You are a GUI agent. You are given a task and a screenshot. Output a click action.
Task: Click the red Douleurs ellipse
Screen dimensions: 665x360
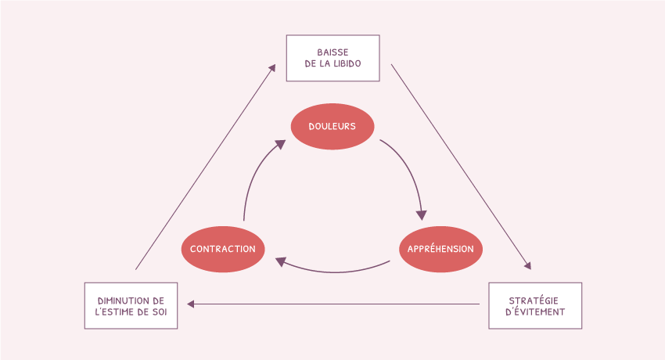coord(332,126)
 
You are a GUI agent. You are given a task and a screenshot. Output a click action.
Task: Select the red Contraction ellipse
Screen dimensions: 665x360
coord(223,249)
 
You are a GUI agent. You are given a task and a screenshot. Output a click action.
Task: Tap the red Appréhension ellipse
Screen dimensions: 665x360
coord(440,249)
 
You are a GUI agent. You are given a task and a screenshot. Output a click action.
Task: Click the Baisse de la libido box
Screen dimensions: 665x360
coord(333,58)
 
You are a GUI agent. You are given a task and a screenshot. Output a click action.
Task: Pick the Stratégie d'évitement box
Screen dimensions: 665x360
coord(535,306)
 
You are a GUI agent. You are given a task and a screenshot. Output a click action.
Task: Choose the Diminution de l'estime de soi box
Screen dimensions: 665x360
coord(131,306)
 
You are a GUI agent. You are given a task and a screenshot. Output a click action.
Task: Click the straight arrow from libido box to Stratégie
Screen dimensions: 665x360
coord(461,167)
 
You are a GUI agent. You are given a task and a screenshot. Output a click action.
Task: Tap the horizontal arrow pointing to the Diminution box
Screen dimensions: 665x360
coord(333,304)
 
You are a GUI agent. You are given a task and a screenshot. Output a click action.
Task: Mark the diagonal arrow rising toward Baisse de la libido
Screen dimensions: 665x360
coord(206,167)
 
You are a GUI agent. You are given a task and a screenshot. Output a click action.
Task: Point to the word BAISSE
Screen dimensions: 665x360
coord(333,52)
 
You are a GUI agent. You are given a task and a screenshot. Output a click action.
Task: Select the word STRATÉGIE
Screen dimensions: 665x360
coord(534,301)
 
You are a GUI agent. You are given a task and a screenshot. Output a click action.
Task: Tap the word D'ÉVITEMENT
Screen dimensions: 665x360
coord(535,311)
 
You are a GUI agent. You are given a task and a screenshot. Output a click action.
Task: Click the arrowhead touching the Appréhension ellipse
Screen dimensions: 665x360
coord(421,215)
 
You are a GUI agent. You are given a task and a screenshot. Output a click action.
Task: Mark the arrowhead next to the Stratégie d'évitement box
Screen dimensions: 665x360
coord(527,266)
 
